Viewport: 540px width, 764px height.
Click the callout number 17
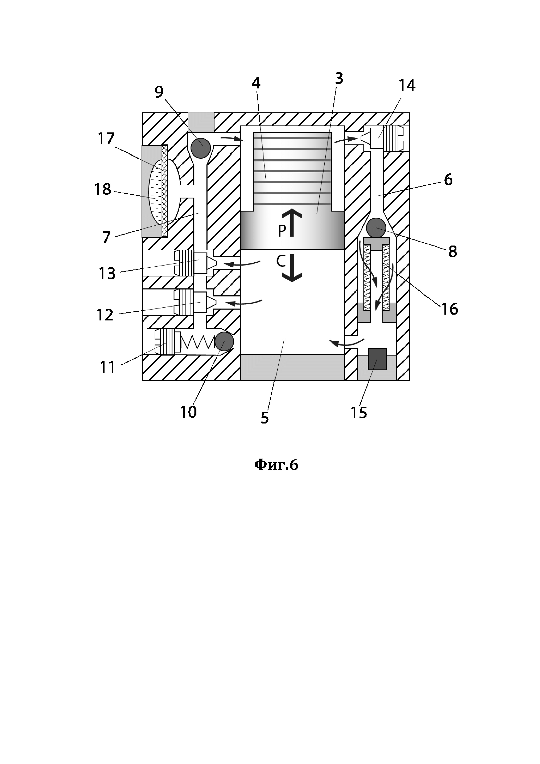point(106,138)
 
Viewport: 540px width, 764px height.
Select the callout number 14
point(407,86)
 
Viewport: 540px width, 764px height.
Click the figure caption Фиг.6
point(276,465)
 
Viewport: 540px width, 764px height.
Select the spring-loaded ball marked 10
point(224,341)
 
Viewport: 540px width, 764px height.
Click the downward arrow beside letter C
point(292,268)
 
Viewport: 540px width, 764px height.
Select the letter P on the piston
point(282,231)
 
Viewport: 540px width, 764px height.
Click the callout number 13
point(107,274)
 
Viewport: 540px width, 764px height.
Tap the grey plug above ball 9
point(201,122)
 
